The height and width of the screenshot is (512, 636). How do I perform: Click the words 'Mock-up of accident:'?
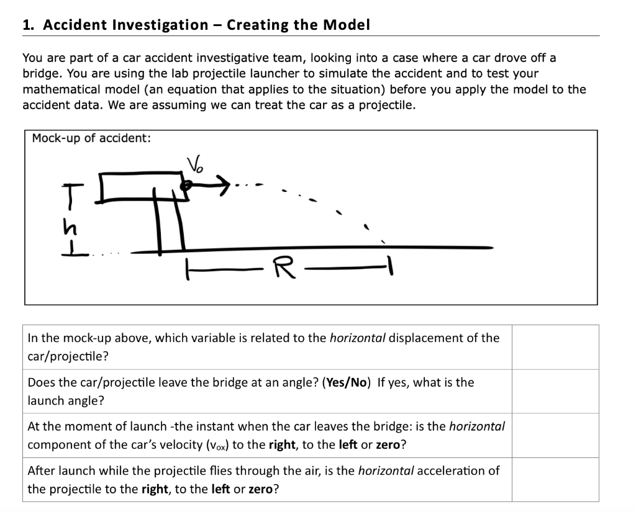91,138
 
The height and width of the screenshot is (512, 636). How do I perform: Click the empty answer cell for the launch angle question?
555,391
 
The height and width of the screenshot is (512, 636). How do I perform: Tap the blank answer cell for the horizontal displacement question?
555,347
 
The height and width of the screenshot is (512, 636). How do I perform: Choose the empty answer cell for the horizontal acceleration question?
555,479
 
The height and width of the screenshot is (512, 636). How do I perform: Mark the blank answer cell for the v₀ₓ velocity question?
555,435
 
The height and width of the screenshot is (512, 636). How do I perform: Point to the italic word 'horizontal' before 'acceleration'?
386,470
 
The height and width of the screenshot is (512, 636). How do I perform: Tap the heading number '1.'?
28,25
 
